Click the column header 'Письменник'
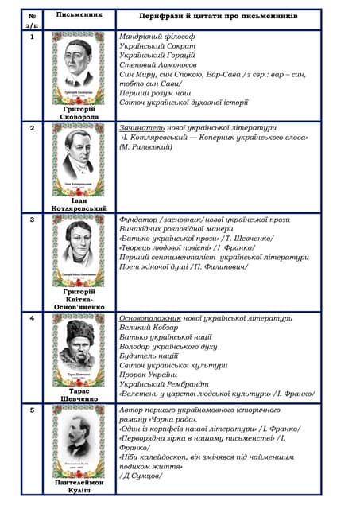(79, 15)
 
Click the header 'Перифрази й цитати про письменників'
(219, 16)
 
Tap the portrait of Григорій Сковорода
(79, 68)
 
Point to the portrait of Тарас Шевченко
(79, 348)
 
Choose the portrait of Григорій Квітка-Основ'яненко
(79, 250)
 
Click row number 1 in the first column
(32, 37)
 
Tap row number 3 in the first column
(32, 218)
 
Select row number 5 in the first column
(32, 410)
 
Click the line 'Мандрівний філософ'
(157, 37)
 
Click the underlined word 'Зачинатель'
(141, 127)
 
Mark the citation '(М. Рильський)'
(149, 146)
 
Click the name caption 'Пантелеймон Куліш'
(79, 487)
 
